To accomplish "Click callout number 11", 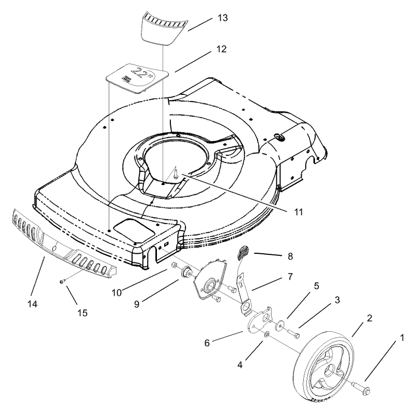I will point(285,211).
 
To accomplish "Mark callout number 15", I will point(81,313).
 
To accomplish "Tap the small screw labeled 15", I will point(62,281).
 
